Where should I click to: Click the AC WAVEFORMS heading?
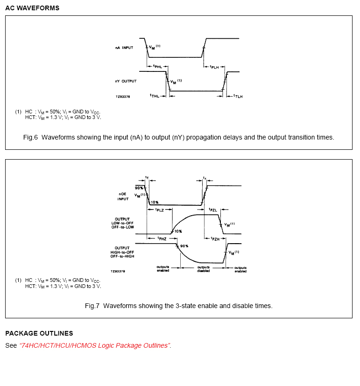(32, 8)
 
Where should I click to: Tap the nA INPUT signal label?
(124, 48)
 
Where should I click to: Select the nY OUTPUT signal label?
(126, 81)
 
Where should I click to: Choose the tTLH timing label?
(238, 96)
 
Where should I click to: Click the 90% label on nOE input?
(139, 188)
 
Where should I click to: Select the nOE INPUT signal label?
(123, 197)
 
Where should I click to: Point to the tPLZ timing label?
(159, 210)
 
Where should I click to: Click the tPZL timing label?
(213, 210)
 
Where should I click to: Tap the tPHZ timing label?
(162, 239)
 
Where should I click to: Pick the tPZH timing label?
(215, 239)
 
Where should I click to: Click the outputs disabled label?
(203, 269)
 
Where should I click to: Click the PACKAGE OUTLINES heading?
(39, 333)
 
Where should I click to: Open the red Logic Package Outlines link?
(95, 345)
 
